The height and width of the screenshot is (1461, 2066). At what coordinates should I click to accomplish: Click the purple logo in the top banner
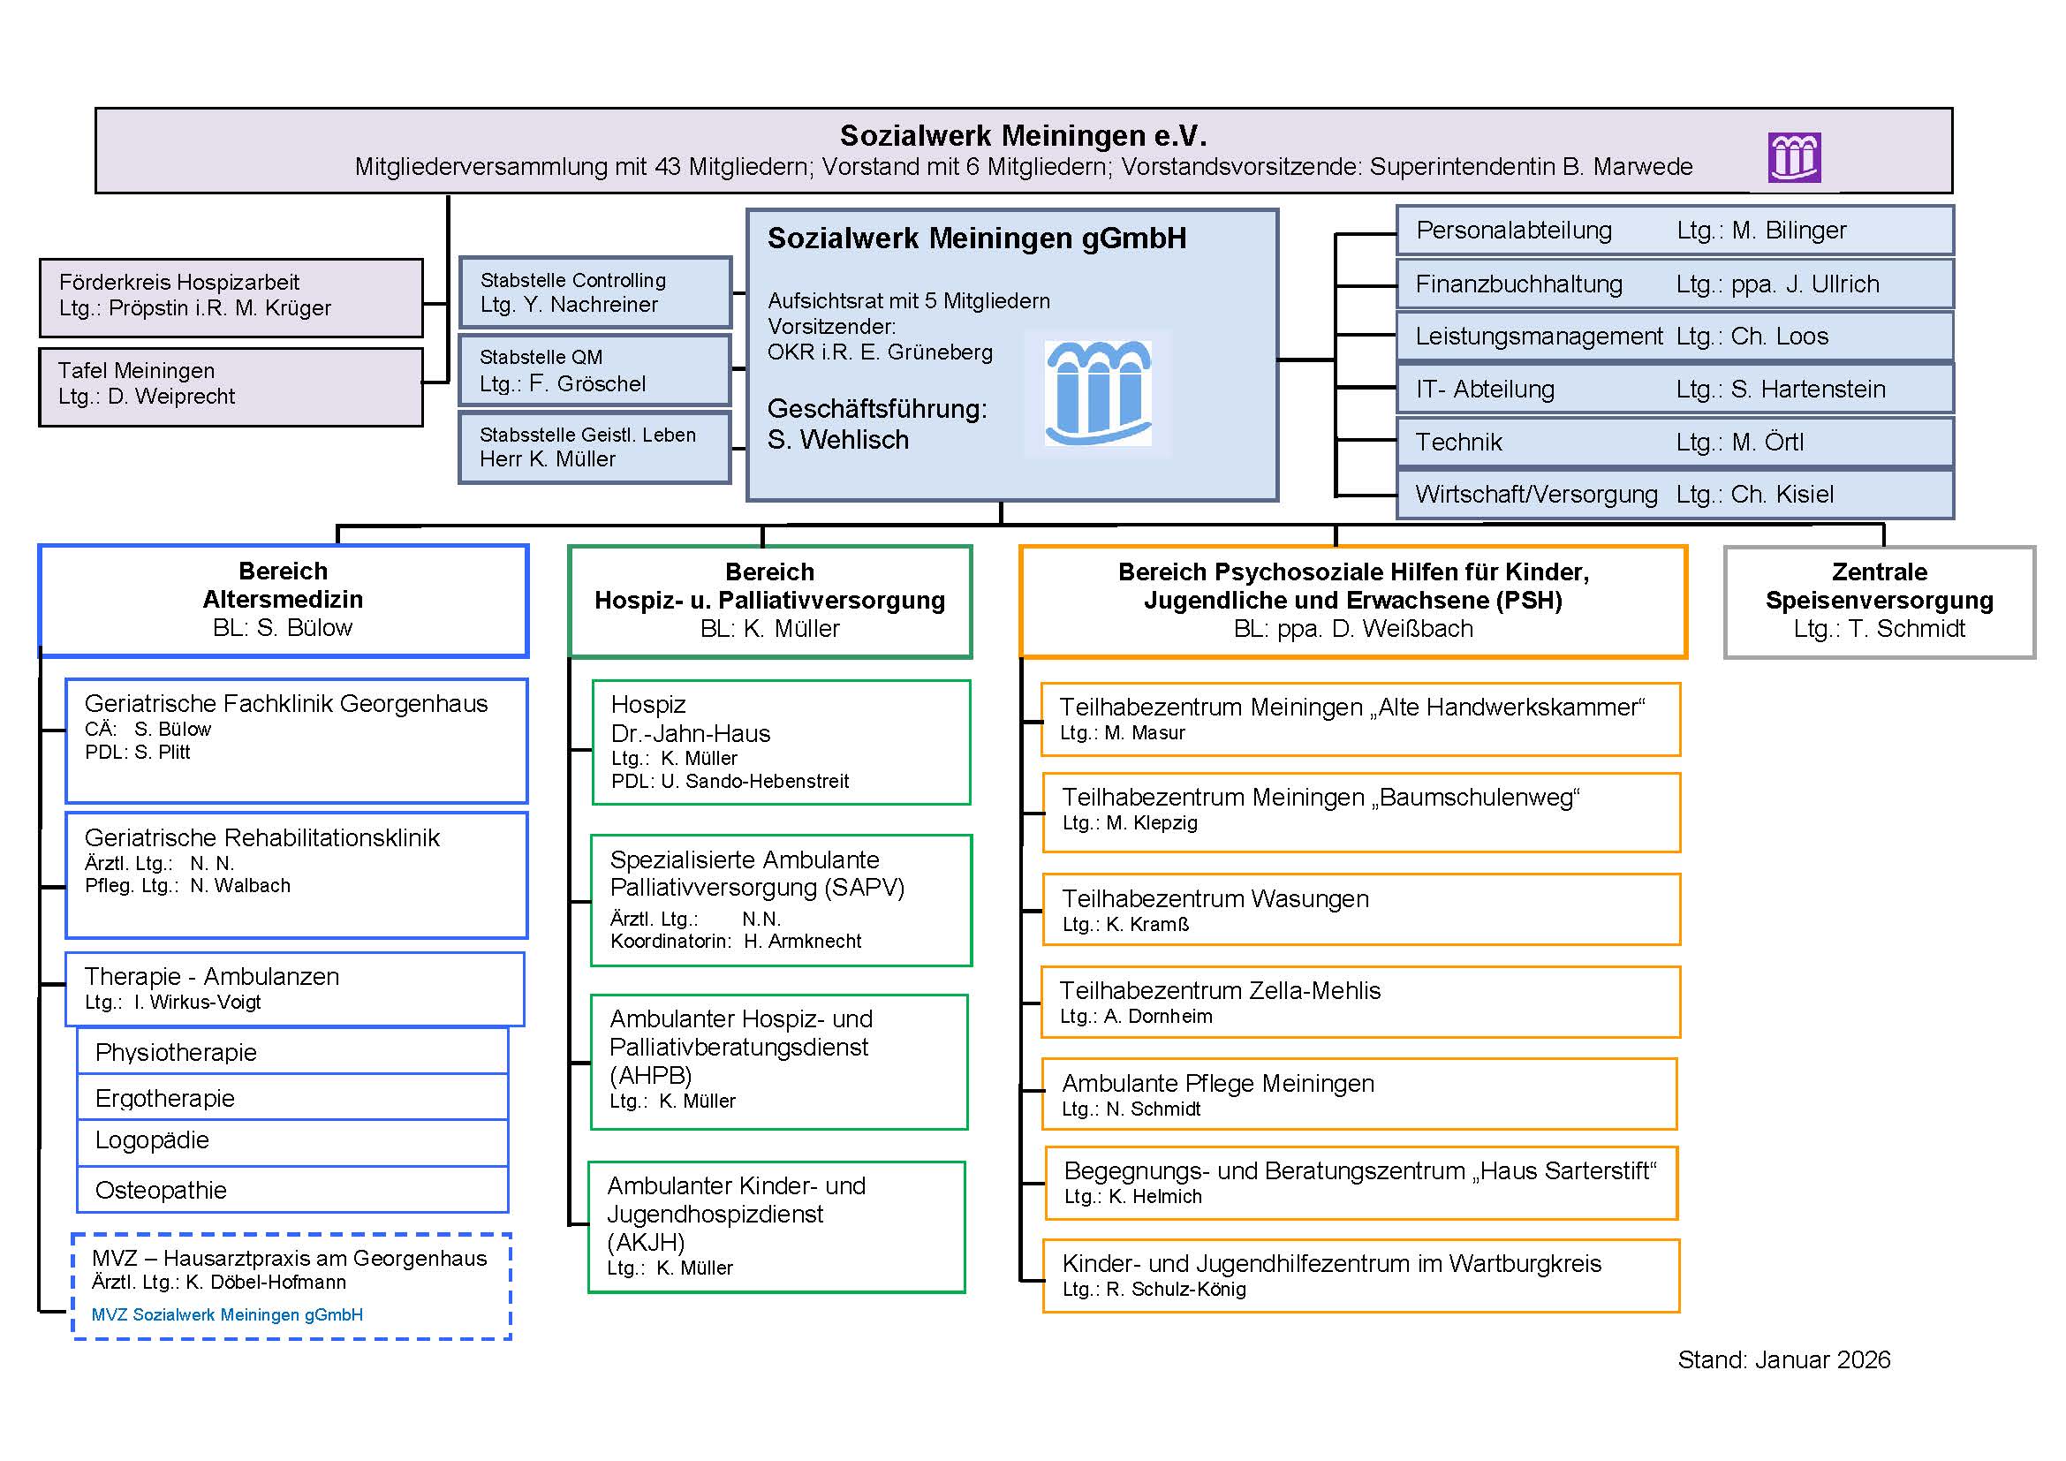1794,157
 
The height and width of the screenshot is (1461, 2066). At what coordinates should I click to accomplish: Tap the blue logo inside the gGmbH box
1098,393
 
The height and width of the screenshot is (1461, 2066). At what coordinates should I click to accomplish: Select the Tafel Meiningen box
231,387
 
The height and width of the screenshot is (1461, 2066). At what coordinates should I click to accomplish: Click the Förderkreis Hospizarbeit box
231,298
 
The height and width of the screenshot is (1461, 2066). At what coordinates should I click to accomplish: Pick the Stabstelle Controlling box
594,292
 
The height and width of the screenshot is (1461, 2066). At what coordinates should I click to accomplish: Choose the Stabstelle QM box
594,371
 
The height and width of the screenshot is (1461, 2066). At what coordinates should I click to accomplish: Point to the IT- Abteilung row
1675,389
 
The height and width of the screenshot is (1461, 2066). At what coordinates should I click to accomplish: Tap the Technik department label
1458,442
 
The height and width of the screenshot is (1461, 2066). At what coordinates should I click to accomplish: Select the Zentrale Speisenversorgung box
1879,602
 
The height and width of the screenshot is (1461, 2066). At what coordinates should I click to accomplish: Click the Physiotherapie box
292,1052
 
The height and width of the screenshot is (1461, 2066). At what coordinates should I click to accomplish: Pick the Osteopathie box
292,1190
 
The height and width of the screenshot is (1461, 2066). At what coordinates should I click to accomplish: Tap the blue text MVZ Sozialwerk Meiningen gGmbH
228,1314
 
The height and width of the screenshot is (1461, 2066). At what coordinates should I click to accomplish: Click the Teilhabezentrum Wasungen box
1360,910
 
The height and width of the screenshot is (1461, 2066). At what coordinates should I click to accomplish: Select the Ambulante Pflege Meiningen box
1358,1094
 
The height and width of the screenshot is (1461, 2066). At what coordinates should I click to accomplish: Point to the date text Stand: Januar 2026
1783,1359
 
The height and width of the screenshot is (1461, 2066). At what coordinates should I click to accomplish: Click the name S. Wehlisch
837,440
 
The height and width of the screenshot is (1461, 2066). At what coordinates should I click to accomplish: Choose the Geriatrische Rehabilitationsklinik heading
261,837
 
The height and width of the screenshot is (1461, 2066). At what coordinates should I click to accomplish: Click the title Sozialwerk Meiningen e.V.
1023,136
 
